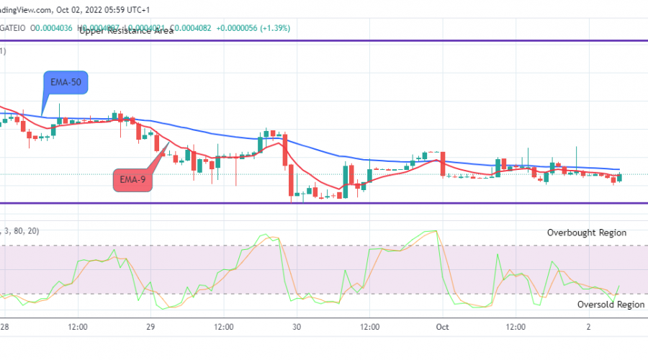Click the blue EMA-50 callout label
tap(67, 84)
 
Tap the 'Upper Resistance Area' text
tap(126, 31)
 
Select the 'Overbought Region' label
tap(586, 233)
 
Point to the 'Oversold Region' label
tap(611, 305)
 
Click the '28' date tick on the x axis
tap(6, 327)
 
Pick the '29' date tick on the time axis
tap(151, 327)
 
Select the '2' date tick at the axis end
tap(588, 327)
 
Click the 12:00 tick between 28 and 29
tap(78, 327)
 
